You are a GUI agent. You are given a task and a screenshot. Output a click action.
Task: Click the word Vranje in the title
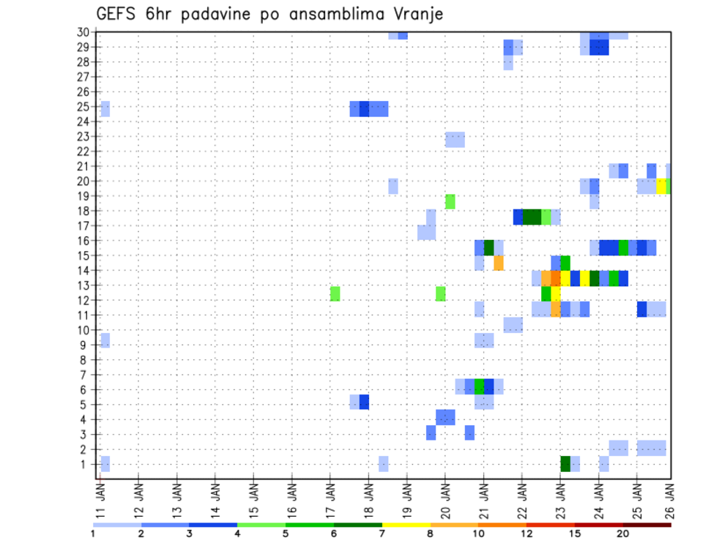click(x=417, y=15)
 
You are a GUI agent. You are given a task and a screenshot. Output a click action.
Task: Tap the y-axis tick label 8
click(x=85, y=359)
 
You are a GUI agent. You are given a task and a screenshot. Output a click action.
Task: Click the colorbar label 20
click(x=623, y=534)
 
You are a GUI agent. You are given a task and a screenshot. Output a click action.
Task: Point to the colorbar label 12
click(x=527, y=534)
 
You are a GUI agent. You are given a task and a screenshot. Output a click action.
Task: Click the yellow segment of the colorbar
click(x=406, y=525)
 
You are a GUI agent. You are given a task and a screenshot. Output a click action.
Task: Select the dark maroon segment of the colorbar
click(x=647, y=525)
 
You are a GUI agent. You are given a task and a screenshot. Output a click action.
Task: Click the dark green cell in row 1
click(x=565, y=463)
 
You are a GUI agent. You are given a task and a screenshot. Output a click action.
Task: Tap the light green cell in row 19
click(x=450, y=201)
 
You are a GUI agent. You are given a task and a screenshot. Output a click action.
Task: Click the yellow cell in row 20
click(x=661, y=186)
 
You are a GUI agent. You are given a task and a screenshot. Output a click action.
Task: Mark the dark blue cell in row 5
click(x=364, y=402)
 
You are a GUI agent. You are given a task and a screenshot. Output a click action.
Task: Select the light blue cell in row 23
click(x=455, y=139)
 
